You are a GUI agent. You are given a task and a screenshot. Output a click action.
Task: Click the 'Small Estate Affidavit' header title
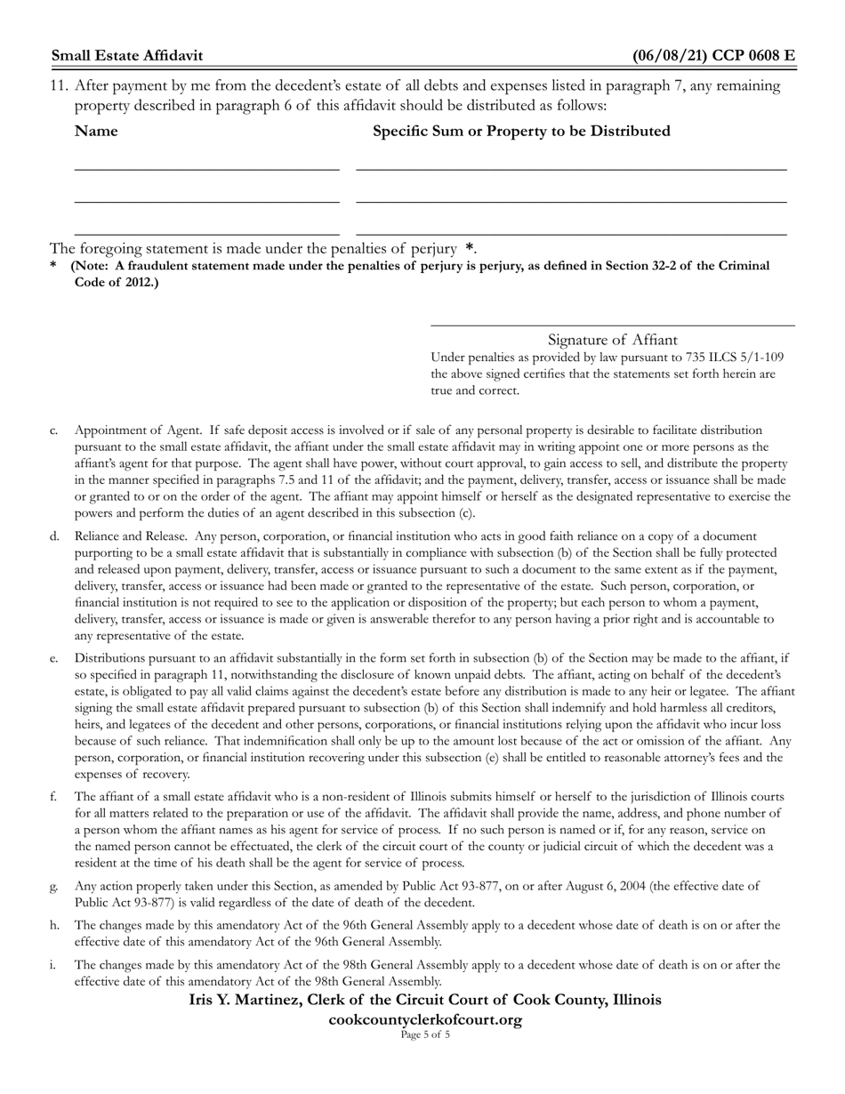click(x=127, y=55)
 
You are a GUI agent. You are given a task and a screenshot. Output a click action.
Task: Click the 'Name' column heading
click(x=96, y=132)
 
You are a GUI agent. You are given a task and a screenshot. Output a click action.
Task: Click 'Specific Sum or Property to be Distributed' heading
click(x=521, y=132)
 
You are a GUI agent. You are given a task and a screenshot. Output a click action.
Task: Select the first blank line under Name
click(x=206, y=168)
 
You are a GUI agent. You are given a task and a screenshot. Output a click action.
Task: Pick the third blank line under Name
click(x=206, y=234)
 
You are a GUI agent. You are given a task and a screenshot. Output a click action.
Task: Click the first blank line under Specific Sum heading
click(x=571, y=168)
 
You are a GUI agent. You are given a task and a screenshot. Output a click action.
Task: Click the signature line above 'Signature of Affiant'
click(x=612, y=326)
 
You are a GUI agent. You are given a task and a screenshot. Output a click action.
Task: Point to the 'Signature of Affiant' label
click(x=612, y=340)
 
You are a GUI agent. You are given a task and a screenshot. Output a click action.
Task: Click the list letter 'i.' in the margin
click(x=53, y=964)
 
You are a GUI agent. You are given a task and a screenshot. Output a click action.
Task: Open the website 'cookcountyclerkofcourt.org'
click(x=425, y=1019)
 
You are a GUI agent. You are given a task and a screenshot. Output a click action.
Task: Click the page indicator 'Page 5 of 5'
click(x=425, y=1034)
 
